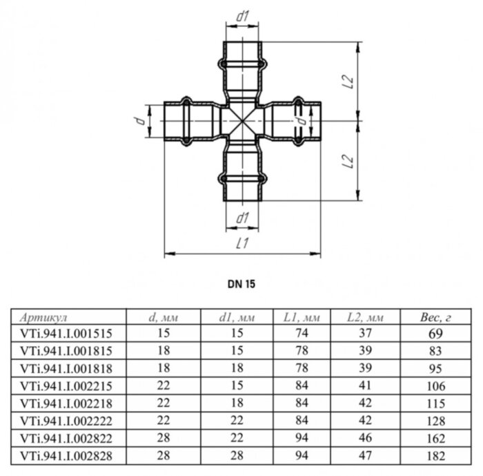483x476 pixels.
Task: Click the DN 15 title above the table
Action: point(236,283)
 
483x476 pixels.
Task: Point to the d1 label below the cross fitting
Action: point(241,219)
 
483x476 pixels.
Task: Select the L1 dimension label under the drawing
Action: point(241,242)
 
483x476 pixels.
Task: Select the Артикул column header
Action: point(43,318)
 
